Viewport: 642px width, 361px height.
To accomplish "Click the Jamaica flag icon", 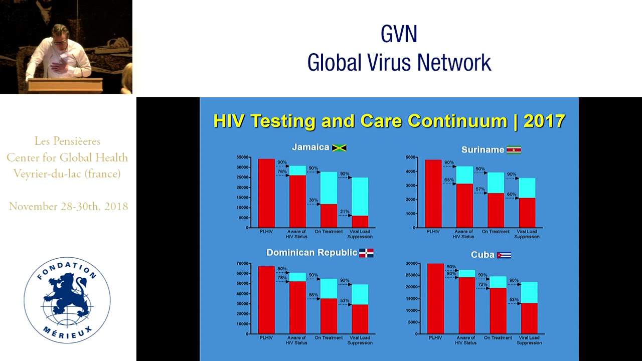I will (340, 148).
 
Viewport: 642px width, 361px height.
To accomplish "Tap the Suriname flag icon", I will (514, 150).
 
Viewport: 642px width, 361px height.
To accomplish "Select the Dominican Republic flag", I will (366, 253).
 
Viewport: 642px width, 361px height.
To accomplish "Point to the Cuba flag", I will (504, 255).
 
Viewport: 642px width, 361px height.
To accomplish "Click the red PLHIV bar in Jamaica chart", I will (266, 193).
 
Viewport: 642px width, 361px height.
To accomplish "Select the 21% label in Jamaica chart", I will (345, 212).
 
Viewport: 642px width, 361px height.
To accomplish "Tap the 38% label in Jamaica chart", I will (313, 200).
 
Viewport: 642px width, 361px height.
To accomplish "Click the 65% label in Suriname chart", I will (449, 180).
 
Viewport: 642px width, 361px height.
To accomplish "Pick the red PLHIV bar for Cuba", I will (435, 298).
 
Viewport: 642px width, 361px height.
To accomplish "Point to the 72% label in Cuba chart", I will (483, 284).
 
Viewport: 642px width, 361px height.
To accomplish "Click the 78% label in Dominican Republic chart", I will (282, 278).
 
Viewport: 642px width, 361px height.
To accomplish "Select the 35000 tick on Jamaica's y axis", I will (243, 157).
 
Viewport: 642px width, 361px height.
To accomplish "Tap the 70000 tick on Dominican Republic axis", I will (243, 264).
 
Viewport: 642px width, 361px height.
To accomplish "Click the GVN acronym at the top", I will (399, 35).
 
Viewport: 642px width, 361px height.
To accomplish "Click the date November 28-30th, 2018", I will (68, 207).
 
